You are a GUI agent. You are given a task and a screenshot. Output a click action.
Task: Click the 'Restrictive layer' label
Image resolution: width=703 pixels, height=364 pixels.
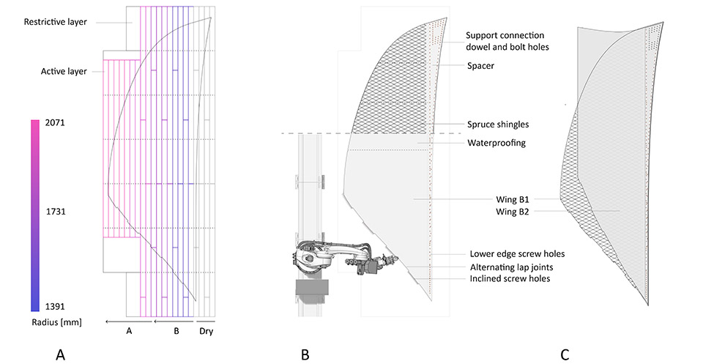coord(55,21)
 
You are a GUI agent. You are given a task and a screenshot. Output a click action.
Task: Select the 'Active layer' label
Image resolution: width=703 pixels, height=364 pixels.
coord(64,71)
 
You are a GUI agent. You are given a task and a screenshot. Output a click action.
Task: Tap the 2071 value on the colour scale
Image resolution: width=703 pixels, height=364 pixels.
coord(55,122)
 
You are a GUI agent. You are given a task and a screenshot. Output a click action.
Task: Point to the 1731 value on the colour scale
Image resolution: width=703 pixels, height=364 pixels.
coord(56,211)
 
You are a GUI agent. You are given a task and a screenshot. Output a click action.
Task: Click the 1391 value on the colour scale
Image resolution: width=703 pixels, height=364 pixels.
coord(55,307)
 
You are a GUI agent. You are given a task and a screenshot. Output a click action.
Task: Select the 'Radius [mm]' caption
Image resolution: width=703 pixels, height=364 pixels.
coord(56,322)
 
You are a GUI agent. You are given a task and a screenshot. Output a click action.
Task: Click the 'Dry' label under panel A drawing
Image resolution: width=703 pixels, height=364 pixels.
coord(207,331)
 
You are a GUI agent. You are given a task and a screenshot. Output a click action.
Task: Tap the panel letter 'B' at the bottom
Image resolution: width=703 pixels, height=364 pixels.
coord(305,355)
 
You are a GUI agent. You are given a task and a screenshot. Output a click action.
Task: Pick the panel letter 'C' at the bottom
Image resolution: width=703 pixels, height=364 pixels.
coord(565,355)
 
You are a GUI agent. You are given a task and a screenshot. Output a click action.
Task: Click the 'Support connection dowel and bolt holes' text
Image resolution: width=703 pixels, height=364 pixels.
coord(507,41)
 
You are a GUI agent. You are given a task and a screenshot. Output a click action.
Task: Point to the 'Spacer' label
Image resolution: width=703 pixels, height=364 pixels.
coord(480,66)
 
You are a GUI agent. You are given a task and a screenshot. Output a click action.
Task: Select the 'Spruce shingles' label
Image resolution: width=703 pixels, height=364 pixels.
coord(498,125)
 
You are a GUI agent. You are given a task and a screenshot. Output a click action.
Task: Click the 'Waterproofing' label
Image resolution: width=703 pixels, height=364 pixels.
coord(496,143)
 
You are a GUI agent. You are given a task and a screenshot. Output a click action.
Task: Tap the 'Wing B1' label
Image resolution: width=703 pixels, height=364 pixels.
coord(512,199)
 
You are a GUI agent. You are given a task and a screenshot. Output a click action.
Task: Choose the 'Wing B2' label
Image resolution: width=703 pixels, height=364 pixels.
coord(512,212)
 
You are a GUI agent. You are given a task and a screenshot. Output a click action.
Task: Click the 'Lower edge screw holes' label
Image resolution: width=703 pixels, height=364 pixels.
coord(517,254)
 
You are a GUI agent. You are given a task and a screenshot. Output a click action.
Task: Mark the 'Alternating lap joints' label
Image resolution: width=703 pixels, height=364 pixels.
coord(512,267)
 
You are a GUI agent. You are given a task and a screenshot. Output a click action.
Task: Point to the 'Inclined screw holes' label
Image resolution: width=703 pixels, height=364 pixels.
coord(510,279)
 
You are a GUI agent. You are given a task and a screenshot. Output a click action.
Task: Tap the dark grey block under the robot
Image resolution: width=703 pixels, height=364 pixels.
coord(312,287)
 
